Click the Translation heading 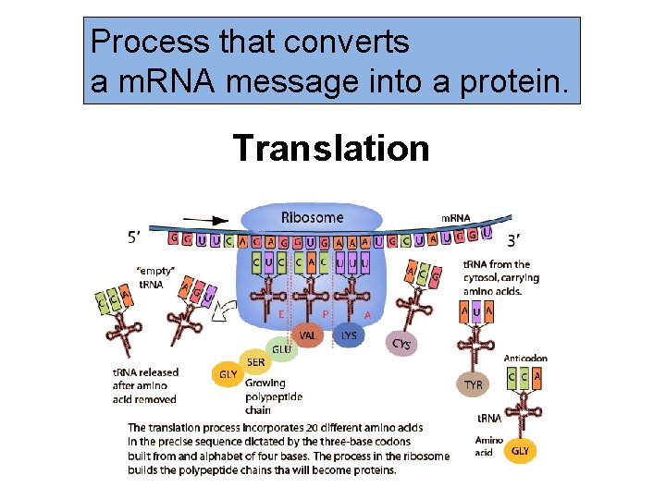[x=331, y=148]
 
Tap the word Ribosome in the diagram [x=312, y=218]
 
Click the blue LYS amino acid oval [x=349, y=335]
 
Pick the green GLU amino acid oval [x=283, y=349]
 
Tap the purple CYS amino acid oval [x=401, y=344]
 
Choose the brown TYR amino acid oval [x=473, y=383]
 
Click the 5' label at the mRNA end [x=135, y=236]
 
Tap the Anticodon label [x=525, y=359]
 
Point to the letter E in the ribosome [x=280, y=314]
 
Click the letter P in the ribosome [x=325, y=314]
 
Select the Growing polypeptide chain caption [x=265, y=396]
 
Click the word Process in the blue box [x=141, y=42]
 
